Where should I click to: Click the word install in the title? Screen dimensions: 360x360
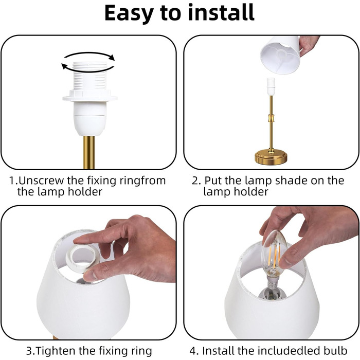[221, 12]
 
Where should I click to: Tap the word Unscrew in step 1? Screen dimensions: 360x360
[41, 181]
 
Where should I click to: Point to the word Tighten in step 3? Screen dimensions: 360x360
[56, 351]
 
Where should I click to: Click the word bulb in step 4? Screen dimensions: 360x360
[335, 351]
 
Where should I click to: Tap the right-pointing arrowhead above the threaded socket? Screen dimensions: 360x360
[112, 57]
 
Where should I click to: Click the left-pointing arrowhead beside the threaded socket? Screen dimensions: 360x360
[65, 66]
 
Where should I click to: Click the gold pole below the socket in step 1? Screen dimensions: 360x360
[89, 152]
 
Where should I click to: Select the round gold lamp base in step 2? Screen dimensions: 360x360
[271, 157]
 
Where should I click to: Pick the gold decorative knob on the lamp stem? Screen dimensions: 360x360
[271, 119]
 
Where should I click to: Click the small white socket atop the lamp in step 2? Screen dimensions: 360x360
[271, 87]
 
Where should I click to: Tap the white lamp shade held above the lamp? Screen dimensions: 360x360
[280, 55]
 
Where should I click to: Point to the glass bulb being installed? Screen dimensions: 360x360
[274, 253]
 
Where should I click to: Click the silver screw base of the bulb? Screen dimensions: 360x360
[272, 282]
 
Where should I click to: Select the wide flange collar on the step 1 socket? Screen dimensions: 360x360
[90, 96]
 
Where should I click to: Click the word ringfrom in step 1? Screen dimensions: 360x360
[142, 181]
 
